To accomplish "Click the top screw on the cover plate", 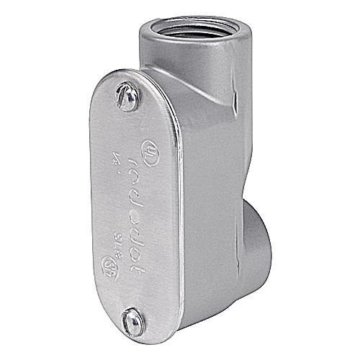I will (127, 99).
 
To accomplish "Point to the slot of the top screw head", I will (127, 96).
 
